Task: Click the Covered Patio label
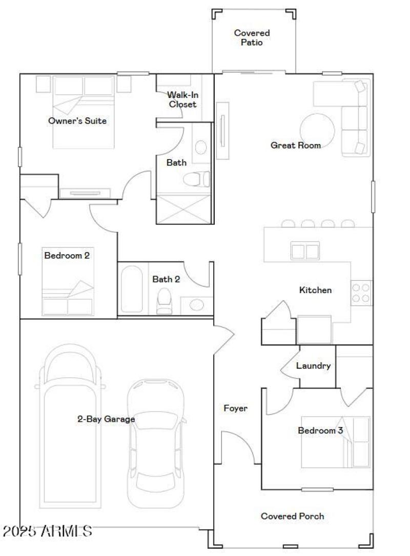pos(252,38)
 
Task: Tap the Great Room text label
pos(296,146)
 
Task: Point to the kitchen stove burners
pos(361,293)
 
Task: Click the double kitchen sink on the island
pos(305,251)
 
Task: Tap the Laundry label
pos(313,366)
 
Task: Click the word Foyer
pos(235,408)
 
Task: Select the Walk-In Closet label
pos(182,99)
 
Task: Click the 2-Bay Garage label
pos(106,419)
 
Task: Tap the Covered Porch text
pos(292,516)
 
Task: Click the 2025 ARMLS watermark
pos(47,531)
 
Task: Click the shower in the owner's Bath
pos(183,209)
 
